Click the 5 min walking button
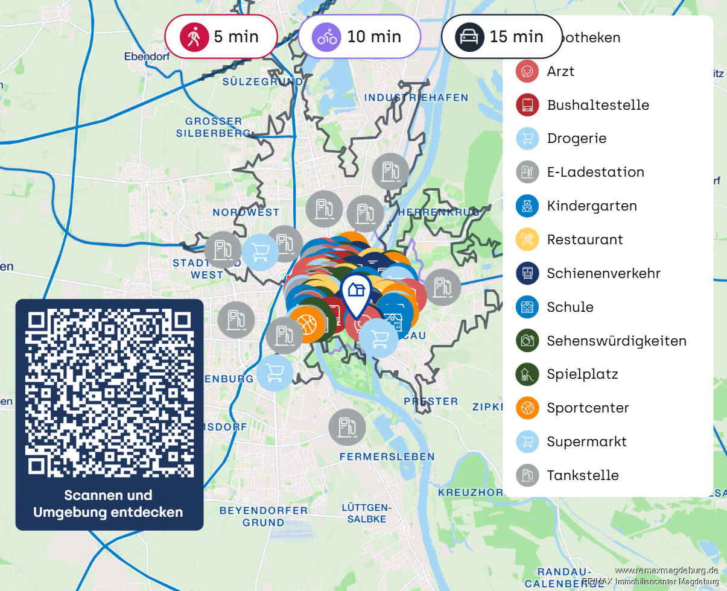click(221, 37)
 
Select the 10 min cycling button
click(359, 37)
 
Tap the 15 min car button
click(501, 37)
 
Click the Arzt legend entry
click(560, 71)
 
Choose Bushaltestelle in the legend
click(597, 105)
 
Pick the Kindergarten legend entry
click(591, 206)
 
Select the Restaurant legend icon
click(527, 239)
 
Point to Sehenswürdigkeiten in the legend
click(616, 341)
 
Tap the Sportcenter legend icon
click(527, 408)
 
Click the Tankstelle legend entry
click(582, 475)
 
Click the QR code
click(109, 393)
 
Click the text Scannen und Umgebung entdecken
click(108, 504)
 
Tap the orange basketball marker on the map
click(307, 324)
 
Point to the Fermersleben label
click(387, 457)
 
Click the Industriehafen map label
click(416, 97)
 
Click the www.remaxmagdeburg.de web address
click(666, 570)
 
